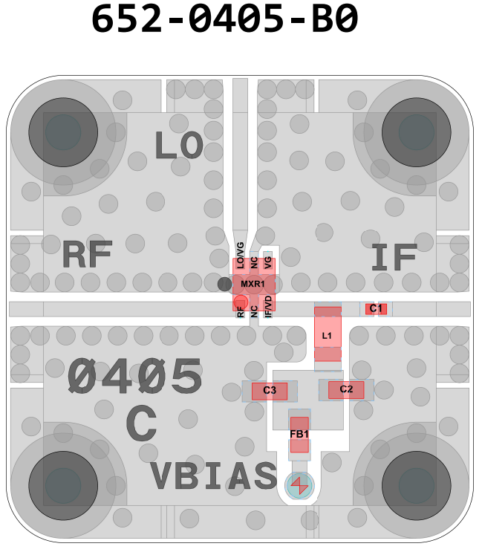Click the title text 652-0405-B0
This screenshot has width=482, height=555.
pos(225,20)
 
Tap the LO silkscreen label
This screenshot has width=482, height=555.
pos(178,146)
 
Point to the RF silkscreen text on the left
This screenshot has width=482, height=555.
pos(87,256)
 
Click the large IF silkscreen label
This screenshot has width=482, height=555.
pos(393,257)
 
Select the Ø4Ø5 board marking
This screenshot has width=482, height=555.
pos(134,377)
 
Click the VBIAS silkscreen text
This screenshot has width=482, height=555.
pos(213,476)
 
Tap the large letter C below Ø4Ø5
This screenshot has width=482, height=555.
pos(141,425)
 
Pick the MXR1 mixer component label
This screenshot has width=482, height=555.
pos(253,284)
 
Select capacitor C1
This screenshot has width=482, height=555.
pos(376,308)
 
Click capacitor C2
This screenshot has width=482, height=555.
pos(346,389)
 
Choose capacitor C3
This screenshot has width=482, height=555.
pos(270,390)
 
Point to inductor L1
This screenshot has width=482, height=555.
pos(327,335)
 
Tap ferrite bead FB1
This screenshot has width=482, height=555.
pos(299,435)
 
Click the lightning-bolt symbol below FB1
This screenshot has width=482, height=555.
pos(300,486)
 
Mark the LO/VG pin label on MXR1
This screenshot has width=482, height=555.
pos(240,253)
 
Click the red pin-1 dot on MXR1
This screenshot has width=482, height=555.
pos(240,302)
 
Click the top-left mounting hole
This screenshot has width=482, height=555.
pos(63,133)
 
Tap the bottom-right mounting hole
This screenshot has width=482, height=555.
pos(416,485)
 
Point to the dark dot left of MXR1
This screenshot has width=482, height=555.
pos(224,284)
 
